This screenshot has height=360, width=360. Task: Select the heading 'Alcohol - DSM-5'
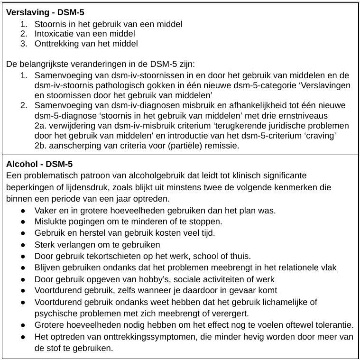[39, 165]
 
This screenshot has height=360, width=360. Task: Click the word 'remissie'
[222, 146]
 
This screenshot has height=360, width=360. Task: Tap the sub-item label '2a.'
[41, 126]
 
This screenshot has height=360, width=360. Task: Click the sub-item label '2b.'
[41, 146]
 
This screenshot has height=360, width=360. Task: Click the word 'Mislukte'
[49, 222]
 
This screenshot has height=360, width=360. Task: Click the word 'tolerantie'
[333, 325]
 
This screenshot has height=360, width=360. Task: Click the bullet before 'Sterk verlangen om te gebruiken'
[23, 245]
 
